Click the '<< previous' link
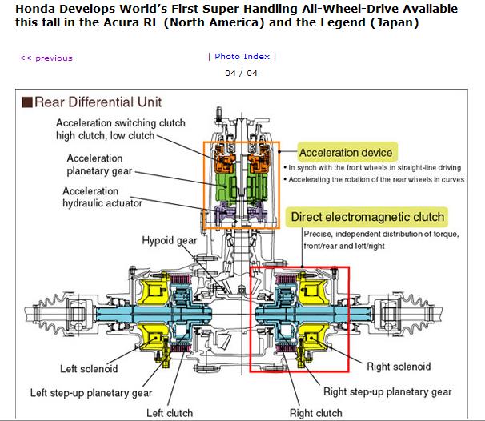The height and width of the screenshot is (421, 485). [46, 58]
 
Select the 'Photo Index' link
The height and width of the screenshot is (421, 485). [242, 56]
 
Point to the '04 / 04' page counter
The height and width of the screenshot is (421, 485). [242, 74]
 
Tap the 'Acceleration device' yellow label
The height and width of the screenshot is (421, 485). [345, 152]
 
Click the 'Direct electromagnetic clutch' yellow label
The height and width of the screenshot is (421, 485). [367, 217]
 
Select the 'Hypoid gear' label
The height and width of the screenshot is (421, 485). [170, 241]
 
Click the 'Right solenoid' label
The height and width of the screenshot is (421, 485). [398, 367]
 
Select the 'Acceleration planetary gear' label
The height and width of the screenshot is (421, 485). [106, 164]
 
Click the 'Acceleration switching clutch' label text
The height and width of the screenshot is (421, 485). [121, 122]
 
